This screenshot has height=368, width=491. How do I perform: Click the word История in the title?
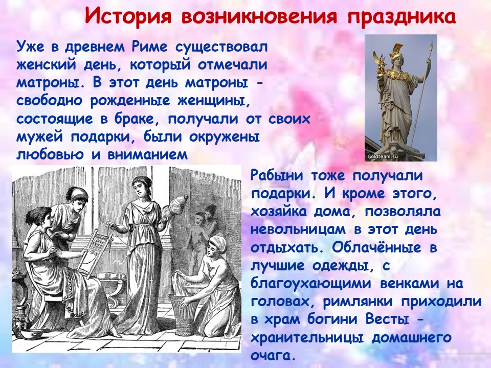[128, 16]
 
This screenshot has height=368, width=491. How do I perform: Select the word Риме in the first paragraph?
[150, 48]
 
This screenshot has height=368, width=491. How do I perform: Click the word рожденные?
[130, 101]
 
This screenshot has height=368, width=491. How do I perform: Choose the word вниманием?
[147, 154]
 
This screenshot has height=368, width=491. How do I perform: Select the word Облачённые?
[376, 247]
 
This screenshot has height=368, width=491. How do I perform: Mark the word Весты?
[387, 319]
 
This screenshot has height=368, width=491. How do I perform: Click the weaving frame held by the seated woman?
[93, 252]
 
